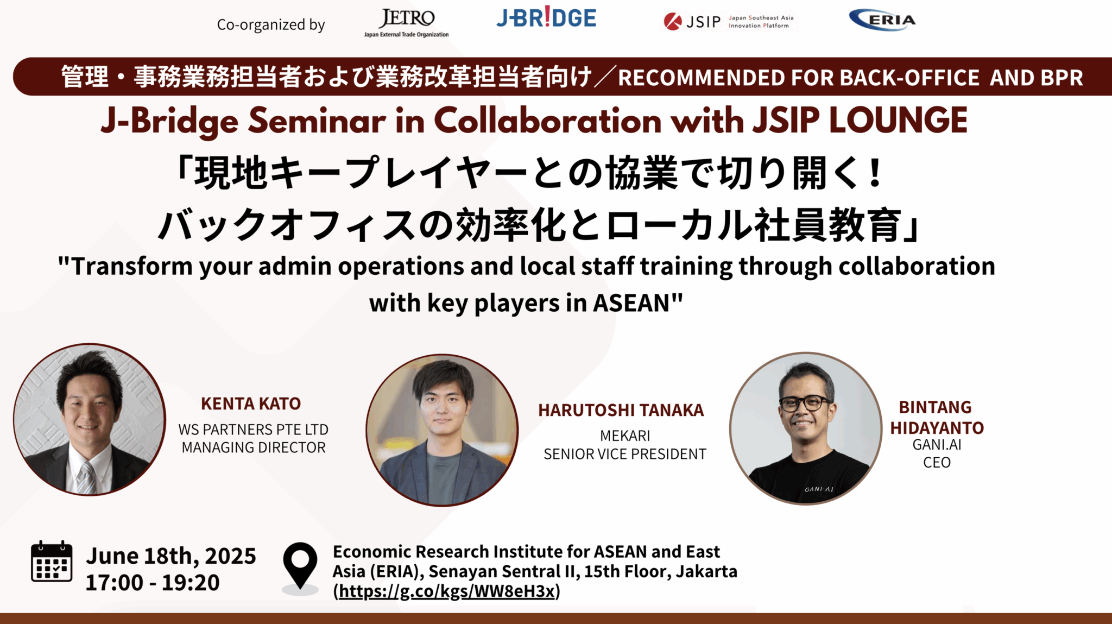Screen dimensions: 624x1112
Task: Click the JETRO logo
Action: pos(407,22)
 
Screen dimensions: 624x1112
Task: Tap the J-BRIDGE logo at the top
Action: pos(546,18)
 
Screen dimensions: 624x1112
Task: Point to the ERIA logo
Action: pos(882,21)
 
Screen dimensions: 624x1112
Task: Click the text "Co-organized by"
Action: pos(270,25)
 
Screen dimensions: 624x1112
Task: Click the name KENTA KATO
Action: pos(251,404)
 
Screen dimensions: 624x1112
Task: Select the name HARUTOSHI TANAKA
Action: pos(621,411)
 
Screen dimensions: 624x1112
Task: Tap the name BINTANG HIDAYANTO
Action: pos(937,418)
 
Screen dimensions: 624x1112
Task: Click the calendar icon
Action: pos(52,562)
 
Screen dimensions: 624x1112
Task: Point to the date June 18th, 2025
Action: pos(171,556)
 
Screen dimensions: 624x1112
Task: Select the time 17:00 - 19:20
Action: pos(153,583)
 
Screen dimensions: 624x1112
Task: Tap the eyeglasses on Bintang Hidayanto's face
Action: pos(805,404)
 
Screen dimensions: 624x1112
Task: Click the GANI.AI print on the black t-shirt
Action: pos(819,489)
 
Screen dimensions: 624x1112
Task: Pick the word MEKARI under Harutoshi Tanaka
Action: pos(625,436)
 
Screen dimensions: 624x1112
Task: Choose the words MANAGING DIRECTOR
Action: pos(254,448)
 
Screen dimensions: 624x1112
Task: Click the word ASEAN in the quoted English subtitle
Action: pos(631,303)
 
